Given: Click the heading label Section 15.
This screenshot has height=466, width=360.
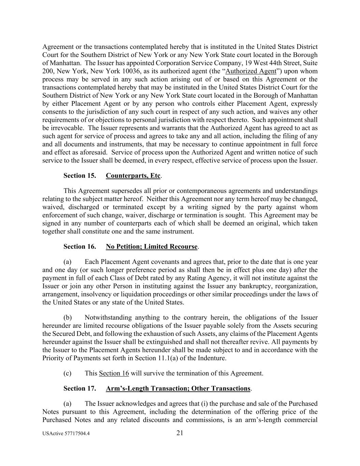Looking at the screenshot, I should (80, 176).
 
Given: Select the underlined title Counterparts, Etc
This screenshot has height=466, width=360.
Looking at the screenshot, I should (133, 176).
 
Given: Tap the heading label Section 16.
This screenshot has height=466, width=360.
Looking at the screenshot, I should (80, 247).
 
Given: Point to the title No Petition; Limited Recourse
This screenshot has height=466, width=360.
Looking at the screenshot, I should (152, 247).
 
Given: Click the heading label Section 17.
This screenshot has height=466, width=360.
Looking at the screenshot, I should (80, 389).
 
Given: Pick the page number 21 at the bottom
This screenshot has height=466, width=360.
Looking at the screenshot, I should (180, 433).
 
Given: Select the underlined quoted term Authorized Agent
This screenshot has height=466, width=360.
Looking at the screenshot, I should (251, 71).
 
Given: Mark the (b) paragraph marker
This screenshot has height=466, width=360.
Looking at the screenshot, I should (68, 317).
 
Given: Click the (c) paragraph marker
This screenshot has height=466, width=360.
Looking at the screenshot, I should (68, 373).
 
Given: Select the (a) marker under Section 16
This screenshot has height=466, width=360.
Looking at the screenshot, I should (68, 262).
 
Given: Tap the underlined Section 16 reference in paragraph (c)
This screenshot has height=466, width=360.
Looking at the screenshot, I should (114, 373).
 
